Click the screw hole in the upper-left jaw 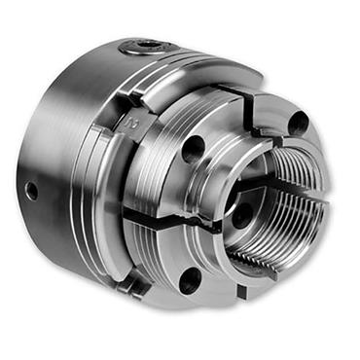click(x=194, y=149)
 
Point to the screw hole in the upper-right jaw click(x=299, y=123)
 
